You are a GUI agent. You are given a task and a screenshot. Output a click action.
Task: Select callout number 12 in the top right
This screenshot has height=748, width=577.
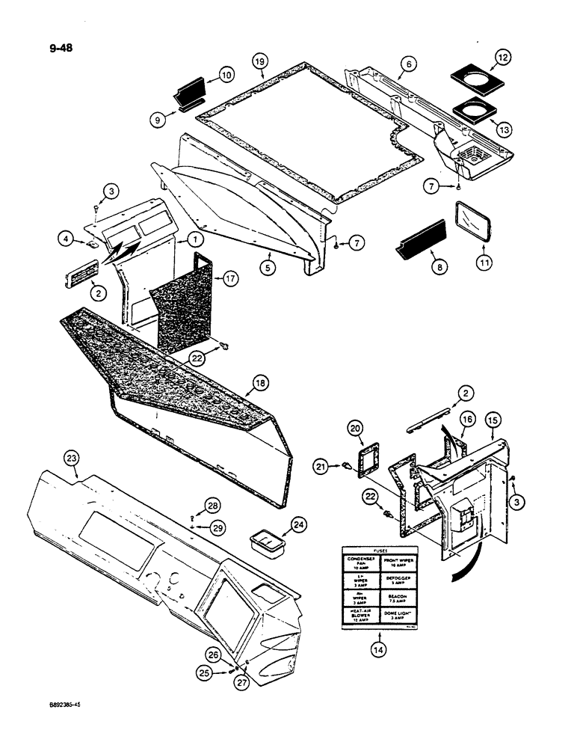(481, 57)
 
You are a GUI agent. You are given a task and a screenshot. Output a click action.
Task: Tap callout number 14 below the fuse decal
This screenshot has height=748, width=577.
(377, 651)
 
